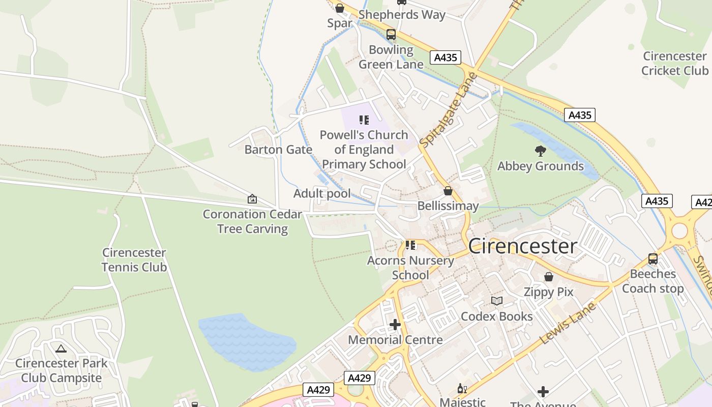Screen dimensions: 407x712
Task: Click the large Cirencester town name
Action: coord(522,246)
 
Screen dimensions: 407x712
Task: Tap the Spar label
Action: coord(340,23)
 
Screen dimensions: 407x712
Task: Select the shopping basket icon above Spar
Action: coord(340,8)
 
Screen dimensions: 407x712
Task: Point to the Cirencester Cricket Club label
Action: coord(674,63)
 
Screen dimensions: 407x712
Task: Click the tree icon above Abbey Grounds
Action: coord(540,151)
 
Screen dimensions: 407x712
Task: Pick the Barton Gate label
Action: coord(278,150)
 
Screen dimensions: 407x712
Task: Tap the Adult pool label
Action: coord(322,194)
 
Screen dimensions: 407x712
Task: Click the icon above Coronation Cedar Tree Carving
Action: coord(252,199)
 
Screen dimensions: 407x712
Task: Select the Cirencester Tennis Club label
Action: coord(134,260)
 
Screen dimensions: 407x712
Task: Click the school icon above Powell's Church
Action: coord(364,120)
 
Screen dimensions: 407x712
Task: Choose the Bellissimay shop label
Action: coord(448,206)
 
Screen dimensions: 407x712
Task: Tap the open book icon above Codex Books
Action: coord(496,301)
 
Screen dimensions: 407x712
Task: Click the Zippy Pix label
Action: coord(548,292)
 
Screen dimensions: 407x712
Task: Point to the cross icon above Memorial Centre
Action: coord(395,324)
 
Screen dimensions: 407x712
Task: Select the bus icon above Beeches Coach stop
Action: coord(652,259)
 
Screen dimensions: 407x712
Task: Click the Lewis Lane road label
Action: coord(568,324)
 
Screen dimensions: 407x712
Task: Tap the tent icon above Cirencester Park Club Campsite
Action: coord(61,348)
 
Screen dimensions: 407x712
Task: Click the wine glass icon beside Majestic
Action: coord(462,389)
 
